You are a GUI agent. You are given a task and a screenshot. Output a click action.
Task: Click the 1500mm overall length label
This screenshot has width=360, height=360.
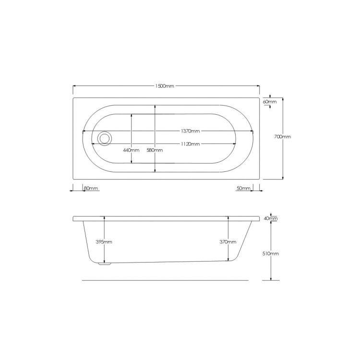[165, 86]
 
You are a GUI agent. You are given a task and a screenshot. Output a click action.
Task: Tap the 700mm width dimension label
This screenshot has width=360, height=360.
[282, 137]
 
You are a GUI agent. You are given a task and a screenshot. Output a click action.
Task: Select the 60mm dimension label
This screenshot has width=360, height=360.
[270, 102]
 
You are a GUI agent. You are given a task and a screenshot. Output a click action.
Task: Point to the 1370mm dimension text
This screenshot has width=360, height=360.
[191, 131]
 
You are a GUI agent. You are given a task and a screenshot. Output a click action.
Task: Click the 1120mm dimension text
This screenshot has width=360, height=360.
[191, 144]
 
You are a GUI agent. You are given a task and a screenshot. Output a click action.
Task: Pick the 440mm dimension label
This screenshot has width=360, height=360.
[131, 150]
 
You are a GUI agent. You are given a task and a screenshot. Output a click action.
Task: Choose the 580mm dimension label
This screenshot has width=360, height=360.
[155, 150]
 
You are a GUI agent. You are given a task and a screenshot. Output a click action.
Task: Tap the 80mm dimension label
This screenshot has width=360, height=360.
[91, 188]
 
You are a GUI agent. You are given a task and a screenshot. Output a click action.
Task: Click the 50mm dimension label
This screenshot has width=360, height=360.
[244, 188]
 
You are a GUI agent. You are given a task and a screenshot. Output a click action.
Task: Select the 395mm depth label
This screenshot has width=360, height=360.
[104, 242]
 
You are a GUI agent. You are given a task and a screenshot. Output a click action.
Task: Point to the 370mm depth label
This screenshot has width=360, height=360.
[228, 242]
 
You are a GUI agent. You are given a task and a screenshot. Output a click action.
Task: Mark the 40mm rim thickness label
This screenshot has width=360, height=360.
[271, 218]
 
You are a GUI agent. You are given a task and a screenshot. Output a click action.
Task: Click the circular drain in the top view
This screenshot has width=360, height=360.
[104, 138]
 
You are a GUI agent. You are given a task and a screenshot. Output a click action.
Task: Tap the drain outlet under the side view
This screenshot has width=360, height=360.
[104, 263]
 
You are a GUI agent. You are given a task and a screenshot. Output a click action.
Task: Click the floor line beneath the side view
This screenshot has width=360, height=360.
[166, 280]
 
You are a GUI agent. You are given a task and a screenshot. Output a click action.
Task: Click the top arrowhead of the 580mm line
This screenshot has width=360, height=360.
[155, 107]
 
